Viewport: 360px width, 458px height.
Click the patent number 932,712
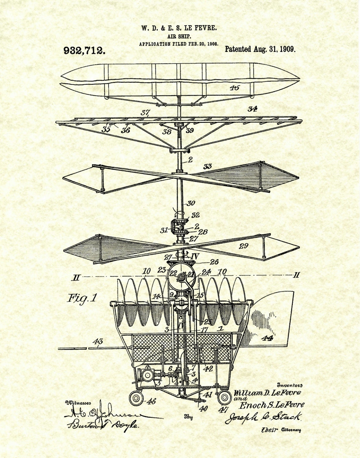[85, 50]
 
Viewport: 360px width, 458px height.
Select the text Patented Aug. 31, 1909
[260, 49]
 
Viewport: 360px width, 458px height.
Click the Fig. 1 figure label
[82, 298]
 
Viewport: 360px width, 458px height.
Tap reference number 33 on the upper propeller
[208, 167]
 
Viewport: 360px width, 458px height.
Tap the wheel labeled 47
[224, 397]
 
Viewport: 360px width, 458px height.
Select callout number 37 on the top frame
[145, 113]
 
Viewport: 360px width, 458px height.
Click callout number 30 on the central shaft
[191, 203]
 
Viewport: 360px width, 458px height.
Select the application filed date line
[179, 44]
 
